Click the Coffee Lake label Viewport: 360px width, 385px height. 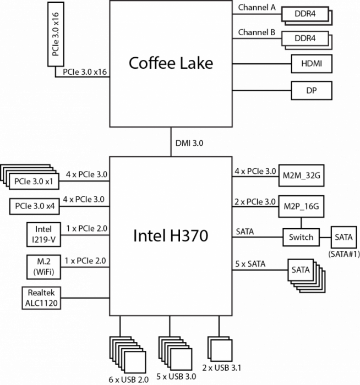point(171,63)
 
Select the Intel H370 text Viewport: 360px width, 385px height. point(171,236)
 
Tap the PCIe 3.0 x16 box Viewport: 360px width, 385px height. point(56,33)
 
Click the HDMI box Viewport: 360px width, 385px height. point(312,64)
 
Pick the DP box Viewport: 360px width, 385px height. point(312,91)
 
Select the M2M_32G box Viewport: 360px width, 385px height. point(301,176)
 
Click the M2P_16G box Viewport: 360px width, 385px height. point(301,207)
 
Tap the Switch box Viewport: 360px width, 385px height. point(301,237)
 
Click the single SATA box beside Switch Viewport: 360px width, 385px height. point(343,238)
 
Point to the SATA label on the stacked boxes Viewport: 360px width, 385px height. point(301,270)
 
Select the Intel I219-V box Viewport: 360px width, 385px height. point(43,234)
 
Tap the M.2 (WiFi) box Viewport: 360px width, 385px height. point(43,266)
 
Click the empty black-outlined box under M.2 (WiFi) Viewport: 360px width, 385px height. point(41,298)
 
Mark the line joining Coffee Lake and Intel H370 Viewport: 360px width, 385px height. point(171,142)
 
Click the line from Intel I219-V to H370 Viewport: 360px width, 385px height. point(85,235)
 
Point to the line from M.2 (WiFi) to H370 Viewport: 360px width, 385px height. point(85,267)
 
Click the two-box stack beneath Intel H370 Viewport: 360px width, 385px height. point(220,349)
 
